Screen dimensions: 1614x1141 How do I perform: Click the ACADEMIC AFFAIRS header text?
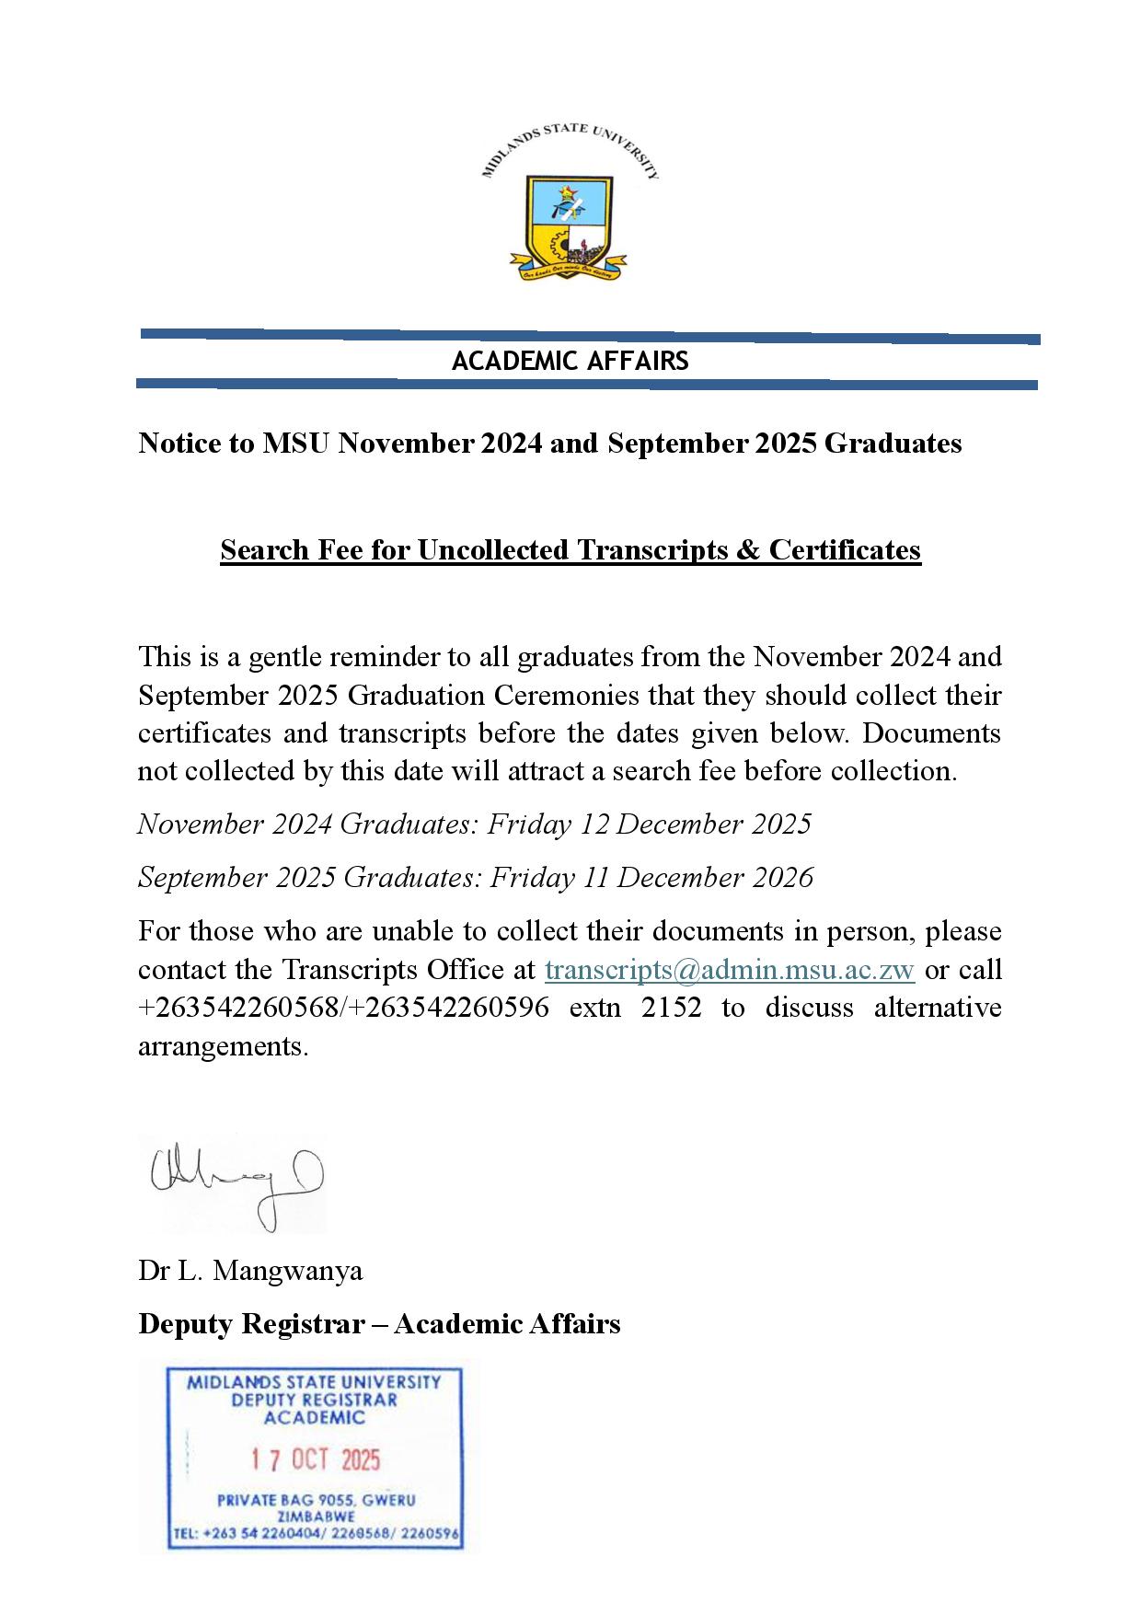point(570,361)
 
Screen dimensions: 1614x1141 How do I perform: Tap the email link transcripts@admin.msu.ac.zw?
point(730,970)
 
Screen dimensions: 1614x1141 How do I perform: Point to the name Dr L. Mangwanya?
point(250,1271)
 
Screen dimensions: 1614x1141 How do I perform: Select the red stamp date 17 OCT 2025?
point(316,1460)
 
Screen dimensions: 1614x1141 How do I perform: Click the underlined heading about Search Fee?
point(570,550)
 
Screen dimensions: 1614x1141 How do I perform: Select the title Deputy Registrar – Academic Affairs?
point(379,1324)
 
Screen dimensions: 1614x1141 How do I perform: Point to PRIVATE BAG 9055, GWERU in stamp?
point(316,1500)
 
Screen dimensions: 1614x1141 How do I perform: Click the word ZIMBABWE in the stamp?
point(316,1516)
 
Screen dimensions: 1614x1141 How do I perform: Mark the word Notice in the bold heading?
point(179,444)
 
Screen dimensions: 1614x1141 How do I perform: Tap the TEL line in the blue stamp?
point(316,1535)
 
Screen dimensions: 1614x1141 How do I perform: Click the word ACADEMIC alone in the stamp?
point(315,1418)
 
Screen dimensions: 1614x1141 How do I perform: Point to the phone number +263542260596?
point(450,1009)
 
